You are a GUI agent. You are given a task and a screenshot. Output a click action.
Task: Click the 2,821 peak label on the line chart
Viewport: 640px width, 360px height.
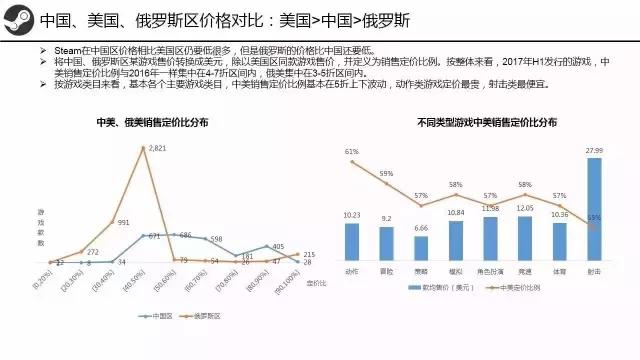coord(157,148)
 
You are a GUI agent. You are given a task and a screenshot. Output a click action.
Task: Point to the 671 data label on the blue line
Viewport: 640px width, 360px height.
coord(154,237)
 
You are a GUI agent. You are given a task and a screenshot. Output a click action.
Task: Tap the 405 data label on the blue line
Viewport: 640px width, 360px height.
coord(278,246)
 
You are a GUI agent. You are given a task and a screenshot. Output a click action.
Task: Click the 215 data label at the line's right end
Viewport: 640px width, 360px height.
coord(309,255)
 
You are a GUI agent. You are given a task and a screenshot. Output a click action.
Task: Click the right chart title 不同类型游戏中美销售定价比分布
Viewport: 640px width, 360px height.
coord(473,122)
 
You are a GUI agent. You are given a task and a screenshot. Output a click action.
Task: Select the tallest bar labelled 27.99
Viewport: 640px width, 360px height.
coord(594,209)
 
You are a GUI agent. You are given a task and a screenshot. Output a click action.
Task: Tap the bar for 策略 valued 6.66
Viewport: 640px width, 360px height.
coord(421,248)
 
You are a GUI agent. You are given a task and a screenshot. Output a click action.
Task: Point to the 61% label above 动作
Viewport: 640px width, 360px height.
coord(352,152)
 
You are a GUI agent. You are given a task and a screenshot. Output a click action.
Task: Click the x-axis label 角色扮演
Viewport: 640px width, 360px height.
coord(490,269)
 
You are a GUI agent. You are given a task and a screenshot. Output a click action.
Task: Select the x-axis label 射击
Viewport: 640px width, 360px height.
coord(594,269)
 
